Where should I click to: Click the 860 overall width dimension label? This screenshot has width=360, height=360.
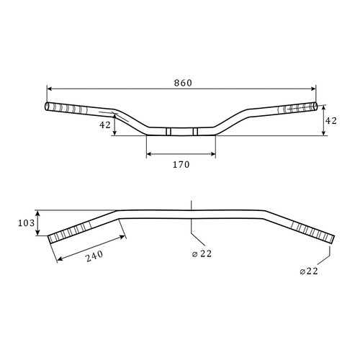pyautogui.click(x=183, y=83)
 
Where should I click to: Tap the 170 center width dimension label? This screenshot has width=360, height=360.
pyautogui.click(x=181, y=165)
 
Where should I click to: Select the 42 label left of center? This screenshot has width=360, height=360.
pyautogui.click(x=105, y=125)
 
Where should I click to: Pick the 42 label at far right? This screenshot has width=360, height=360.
pyautogui.click(x=331, y=121)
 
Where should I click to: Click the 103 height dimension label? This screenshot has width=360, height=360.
pyautogui.click(x=27, y=223)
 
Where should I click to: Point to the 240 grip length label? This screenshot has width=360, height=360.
pyautogui.click(x=94, y=256)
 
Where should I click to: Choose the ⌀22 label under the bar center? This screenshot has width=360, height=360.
pyautogui.click(x=202, y=253)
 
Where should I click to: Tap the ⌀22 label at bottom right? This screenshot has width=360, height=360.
pyautogui.click(x=309, y=271)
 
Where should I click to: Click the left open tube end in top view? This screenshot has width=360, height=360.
pyautogui.click(x=47, y=107)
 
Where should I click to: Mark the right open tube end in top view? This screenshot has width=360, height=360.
pyautogui.click(x=315, y=107)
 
